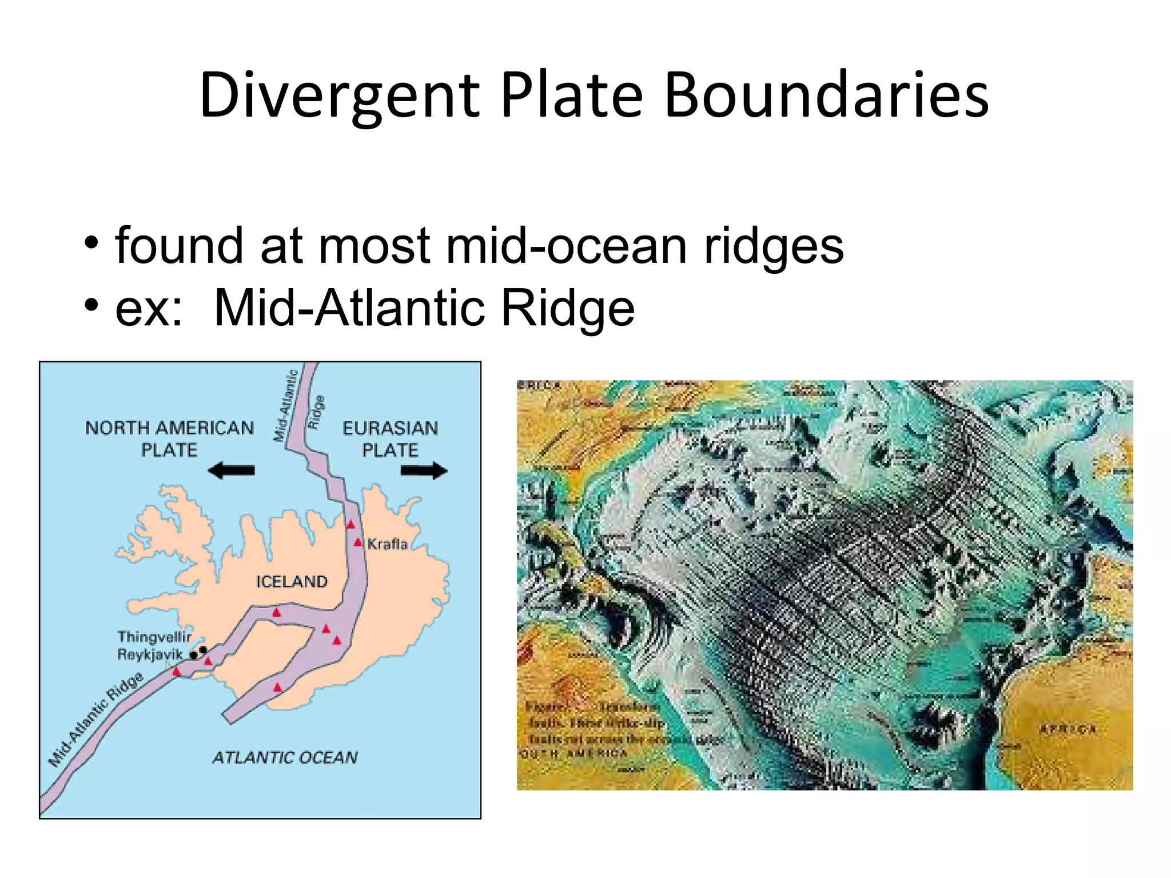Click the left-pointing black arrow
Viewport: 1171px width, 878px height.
pyautogui.click(x=231, y=471)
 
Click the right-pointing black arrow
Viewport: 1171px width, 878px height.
pyautogui.click(x=424, y=471)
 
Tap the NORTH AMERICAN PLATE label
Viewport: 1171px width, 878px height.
pyautogui.click(x=169, y=438)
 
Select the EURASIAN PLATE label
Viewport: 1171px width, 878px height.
pyautogui.click(x=390, y=438)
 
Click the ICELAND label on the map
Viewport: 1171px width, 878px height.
pyautogui.click(x=292, y=582)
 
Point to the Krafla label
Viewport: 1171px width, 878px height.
pyautogui.click(x=388, y=544)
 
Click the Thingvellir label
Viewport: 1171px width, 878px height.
pyautogui.click(x=154, y=637)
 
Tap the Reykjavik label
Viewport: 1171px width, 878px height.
pyautogui.click(x=150, y=654)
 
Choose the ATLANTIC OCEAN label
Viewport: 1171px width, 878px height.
pyautogui.click(x=285, y=757)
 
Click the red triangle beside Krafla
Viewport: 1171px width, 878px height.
pyautogui.click(x=358, y=542)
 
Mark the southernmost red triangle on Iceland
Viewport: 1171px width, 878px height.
pyautogui.click(x=277, y=687)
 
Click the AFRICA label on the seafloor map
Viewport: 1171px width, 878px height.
pyautogui.click(x=1067, y=729)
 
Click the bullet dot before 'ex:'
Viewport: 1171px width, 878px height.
pyautogui.click(x=91, y=306)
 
